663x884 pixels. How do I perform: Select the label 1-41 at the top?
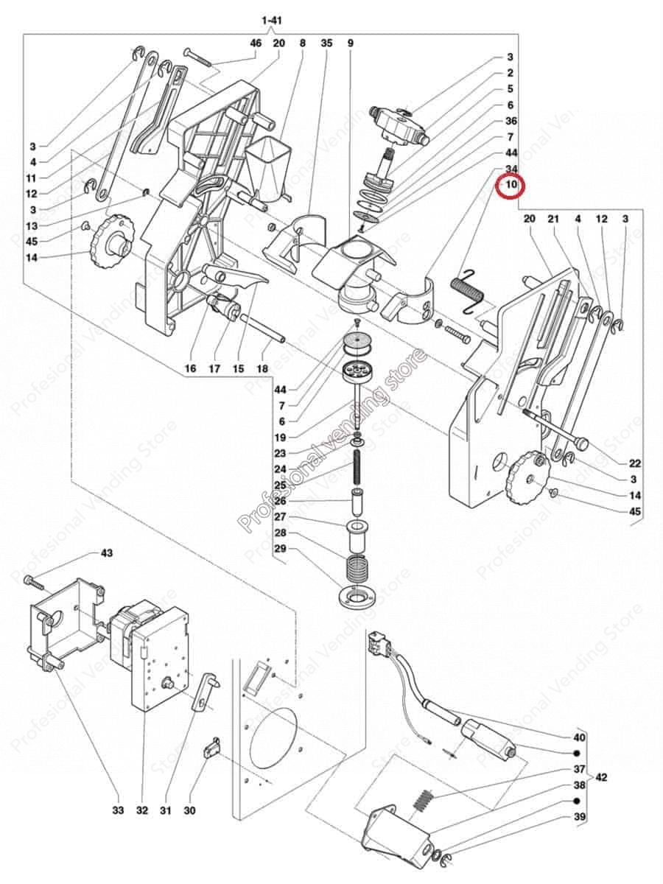pyautogui.click(x=271, y=21)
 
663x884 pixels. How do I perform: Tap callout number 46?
pyautogui.click(x=256, y=43)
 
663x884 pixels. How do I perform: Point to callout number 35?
pyautogui.click(x=327, y=43)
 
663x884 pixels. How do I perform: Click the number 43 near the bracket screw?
pyautogui.click(x=107, y=553)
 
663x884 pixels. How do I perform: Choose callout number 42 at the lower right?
pyautogui.click(x=602, y=777)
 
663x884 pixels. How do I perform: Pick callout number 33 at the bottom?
pyautogui.click(x=118, y=810)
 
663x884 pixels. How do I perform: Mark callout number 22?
pyautogui.click(x=635, y=463)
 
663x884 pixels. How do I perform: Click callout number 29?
pyautogui.click(x=280, y=549)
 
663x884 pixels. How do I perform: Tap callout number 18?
pyautogui.click(x=262, y=368)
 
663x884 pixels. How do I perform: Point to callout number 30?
pyautogui.click(x=189, y=810)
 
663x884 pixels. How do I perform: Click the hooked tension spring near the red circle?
pyautogui.click(x=467, y=288)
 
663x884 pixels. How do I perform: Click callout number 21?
pyautogui.click(x=554, y=220)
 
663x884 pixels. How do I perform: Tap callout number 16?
pyautogui.click(x=190, y=368)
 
